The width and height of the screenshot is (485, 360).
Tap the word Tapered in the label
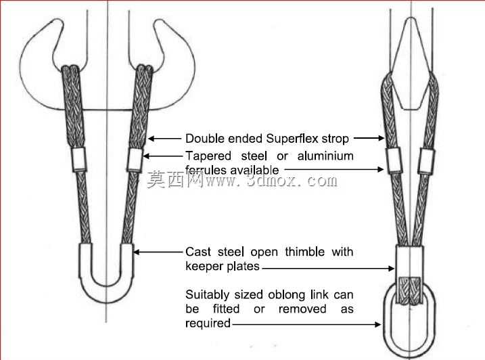[208, 156]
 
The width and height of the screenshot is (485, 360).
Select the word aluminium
[325, 156]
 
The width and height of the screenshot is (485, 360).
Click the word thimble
[304, 252]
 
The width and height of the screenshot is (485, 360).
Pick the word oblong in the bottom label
[287, 294]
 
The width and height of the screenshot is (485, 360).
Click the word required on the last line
[208, 323]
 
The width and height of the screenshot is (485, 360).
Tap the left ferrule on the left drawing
[79, 159]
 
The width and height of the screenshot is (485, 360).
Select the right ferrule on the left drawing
[135, 160]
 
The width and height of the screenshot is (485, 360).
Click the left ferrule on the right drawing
[394, 160]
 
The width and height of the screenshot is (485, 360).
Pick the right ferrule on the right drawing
[426, 160]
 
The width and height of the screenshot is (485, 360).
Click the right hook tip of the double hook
[160, 22]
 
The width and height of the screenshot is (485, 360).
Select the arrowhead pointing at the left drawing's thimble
[137, 252]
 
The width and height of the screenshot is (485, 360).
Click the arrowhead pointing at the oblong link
[377, 324]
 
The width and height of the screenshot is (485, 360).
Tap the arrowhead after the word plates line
[391, 269]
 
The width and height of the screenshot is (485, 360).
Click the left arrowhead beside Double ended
[152, 138]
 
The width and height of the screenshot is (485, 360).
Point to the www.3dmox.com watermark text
[271, 180]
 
